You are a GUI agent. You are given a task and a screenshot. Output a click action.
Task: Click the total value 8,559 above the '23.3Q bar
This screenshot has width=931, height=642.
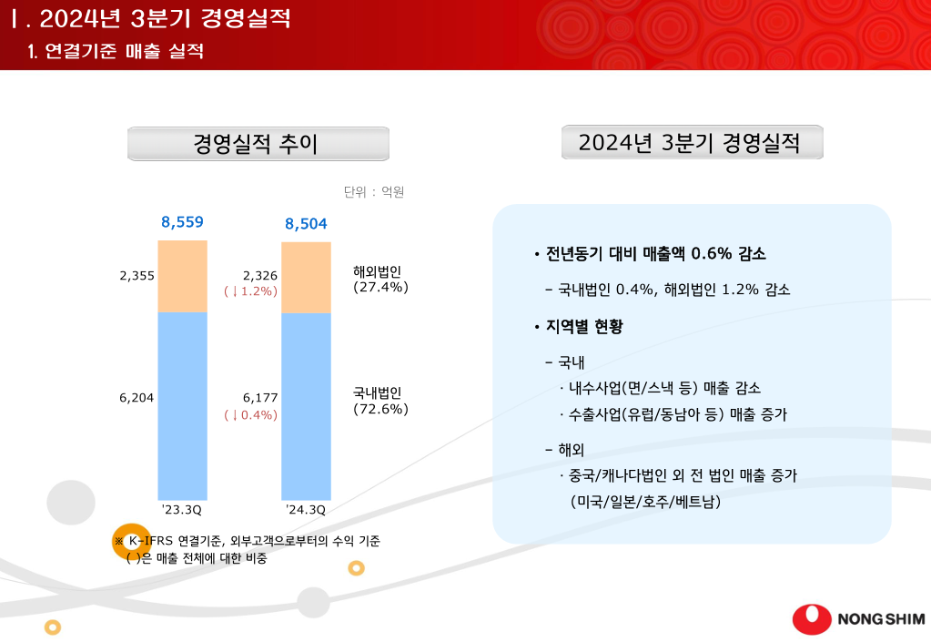[182, 221]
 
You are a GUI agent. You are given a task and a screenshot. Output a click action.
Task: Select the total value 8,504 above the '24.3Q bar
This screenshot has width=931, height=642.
[306, 224]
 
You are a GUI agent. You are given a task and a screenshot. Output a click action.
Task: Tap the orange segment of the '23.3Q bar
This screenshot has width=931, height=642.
[182, 277]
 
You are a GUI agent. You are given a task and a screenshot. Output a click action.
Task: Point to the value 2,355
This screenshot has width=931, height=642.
[137, 276]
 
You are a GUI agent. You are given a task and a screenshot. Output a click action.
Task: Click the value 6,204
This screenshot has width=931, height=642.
[137, 398]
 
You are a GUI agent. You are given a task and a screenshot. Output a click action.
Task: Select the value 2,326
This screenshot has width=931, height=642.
[260, 275]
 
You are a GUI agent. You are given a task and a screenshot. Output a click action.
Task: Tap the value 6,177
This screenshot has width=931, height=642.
[260, 398]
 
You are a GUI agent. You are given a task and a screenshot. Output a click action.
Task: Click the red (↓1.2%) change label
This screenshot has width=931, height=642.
[250, 291]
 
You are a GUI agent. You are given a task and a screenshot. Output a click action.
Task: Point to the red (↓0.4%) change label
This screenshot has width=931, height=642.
[250, 414]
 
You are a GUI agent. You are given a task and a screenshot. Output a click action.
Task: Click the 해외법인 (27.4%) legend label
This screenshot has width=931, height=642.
[379, 279]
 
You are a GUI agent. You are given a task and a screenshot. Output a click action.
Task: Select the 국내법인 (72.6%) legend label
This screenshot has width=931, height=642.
[379, 401]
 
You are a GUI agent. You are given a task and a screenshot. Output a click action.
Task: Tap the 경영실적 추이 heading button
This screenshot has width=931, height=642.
[258, 144]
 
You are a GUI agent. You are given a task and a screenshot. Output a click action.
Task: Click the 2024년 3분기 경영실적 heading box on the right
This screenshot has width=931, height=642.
[692, 143]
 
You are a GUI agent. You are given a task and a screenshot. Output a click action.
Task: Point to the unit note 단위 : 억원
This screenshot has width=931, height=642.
[373, 192]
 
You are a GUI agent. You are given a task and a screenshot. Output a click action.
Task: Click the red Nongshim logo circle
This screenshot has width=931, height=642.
[811, 618]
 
